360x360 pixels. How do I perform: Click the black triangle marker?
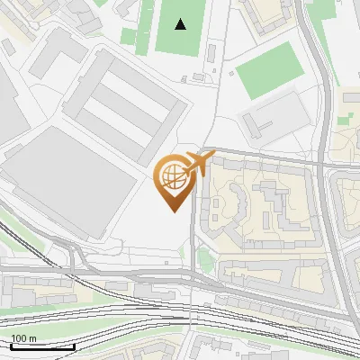182,24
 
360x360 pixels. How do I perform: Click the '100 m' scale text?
23,338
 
